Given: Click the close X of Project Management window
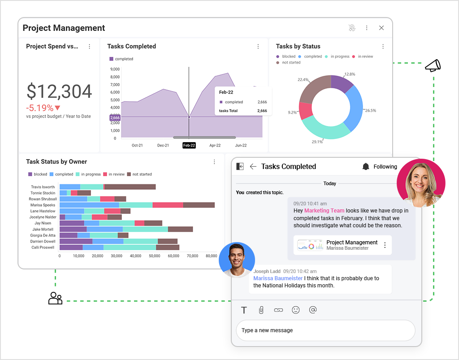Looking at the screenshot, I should (381, 28).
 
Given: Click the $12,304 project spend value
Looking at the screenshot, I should (59, 91).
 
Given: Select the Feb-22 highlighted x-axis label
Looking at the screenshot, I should (189, 145).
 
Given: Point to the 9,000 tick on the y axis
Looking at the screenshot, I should (115, 69).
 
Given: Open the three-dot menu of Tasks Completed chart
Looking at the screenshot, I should (258, 46).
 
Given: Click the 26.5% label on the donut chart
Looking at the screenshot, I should (371, 110).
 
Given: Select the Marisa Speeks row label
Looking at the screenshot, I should (43, 205).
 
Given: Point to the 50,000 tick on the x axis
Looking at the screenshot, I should (155, 256).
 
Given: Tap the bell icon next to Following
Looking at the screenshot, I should (366, 167).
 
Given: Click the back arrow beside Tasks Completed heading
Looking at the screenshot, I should (253, 167).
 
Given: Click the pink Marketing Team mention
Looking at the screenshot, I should (324, 210).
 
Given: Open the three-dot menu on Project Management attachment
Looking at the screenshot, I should (385, 245).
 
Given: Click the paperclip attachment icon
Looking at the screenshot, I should (261, 310).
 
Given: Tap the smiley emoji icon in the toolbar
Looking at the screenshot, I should (295, 310).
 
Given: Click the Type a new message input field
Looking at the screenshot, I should (325, 330).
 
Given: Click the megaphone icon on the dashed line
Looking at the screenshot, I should (433, 66).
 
